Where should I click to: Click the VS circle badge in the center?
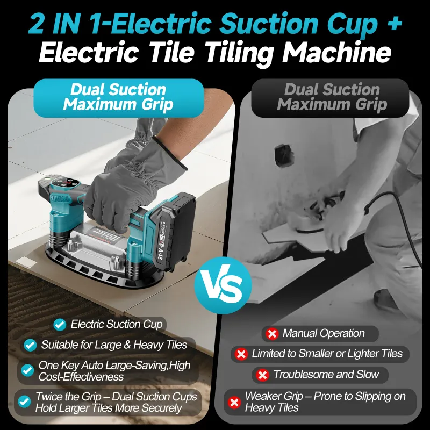(x=223, y=285)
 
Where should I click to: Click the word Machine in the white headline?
(x=337, y=52)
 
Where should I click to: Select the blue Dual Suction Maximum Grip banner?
(x=118, y=98)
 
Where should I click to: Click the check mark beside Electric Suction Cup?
(x=60, y=325)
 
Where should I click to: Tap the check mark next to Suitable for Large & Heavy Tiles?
(x=30, y=345)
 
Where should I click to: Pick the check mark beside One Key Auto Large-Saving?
(x=28, y=370)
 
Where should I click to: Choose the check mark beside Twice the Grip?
(x=24, y=402)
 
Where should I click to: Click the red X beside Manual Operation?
(x=272, y=334)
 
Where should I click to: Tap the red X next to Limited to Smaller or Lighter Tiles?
(x=241, y=354)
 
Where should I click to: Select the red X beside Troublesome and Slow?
(x=262, y=375)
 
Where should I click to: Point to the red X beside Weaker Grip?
(x=234, y=403)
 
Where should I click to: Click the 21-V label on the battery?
(x=160, y=252)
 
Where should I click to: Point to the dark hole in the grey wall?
(x=284, y=155)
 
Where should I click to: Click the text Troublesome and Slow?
(x=326, y=374)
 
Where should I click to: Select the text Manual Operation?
(x=324, y=333)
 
